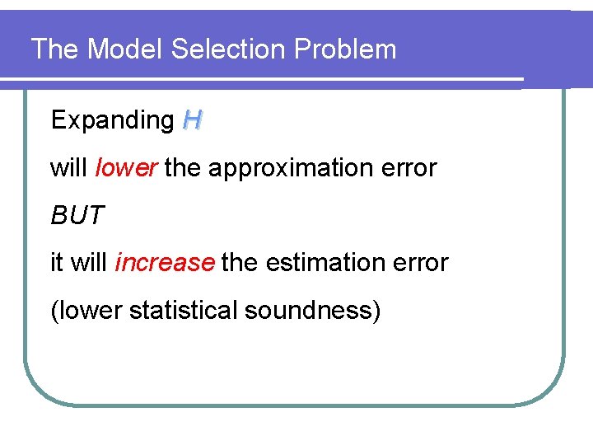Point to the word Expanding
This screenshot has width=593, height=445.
point(112,120)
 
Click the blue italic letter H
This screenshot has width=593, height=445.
point(192,121)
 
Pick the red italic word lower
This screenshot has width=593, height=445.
point(126,168)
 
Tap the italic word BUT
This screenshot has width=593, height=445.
point(77,216)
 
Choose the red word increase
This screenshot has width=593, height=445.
point(165,263)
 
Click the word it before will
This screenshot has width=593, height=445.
point(56,263)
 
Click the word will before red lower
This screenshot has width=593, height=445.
point(69,168)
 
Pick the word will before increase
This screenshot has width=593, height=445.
point(89,263)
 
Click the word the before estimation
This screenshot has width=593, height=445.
point(239,263)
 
